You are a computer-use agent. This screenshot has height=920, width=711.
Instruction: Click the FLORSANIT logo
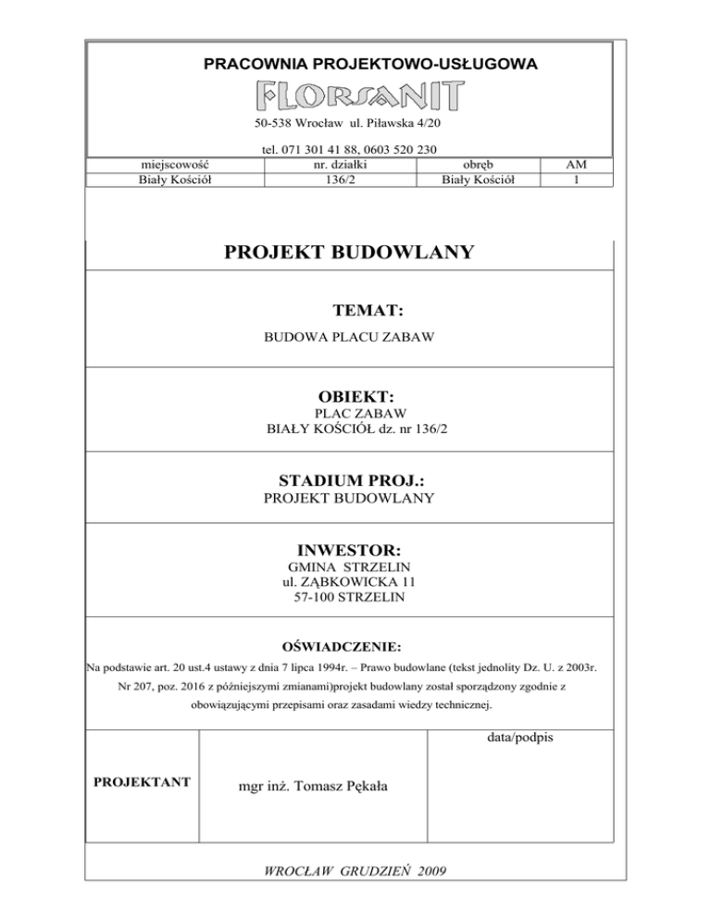pyautogui.click(x=360, y=94)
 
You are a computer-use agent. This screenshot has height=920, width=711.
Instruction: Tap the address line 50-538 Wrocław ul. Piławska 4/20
pyautogui.click(x=349, y=123)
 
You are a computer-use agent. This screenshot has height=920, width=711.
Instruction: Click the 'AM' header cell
pyautogui.click(x=577, y=165)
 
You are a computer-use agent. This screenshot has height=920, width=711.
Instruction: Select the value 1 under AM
pyautogui.click(x=577, y=180)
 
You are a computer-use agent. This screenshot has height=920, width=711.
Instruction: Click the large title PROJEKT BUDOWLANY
pyautogui.click(x=349, y=252)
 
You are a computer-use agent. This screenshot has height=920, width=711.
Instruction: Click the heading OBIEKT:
pyautogui.click(x=349, y=397)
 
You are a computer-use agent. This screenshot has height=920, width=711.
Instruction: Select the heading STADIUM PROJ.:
pyautogui.click(x=349, y=481)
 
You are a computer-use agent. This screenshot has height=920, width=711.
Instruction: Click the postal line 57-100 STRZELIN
pyautogui.click(x=349, y=597)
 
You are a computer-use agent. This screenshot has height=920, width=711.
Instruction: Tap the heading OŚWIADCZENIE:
pyautogui.click(x=349, y=645)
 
